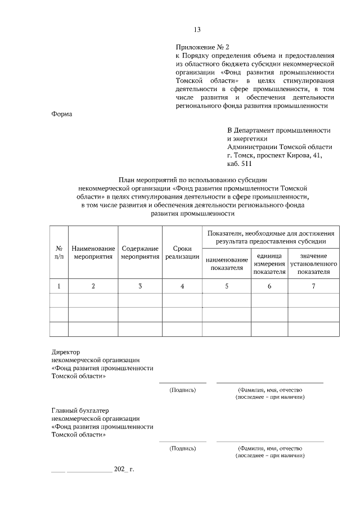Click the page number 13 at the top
point(197,30)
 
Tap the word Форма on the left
point(62,114)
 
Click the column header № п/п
point(59,252)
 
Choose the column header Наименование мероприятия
point(93,252)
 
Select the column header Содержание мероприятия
point(140,252)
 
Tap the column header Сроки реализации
point(182,252)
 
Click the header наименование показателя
point(227,264)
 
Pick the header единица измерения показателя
point(269,264)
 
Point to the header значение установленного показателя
point(313,264)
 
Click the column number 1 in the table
point(59,286)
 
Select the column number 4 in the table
point(182,286)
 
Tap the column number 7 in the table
point(313,286)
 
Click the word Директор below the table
point(66,351)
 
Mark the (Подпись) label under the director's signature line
point(182,389)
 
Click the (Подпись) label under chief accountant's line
point(182,448)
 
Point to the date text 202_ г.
point(124,468)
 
